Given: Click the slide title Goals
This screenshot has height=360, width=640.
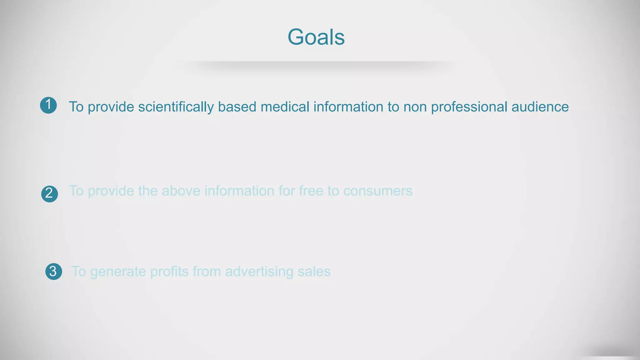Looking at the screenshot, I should coord(316,37).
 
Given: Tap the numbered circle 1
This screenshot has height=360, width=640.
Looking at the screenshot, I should coord(48,105).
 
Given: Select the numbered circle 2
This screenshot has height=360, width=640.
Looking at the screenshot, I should coord(49,194).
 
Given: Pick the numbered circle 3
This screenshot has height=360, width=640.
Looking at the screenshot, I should coord(53,271).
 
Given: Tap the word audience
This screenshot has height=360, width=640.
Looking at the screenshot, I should coord(540,107).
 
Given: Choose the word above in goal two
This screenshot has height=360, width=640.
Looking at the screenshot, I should coord(181,191).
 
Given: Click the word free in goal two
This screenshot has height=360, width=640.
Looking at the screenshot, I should coord(311,191).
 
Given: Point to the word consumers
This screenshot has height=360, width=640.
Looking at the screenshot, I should coord(378,191).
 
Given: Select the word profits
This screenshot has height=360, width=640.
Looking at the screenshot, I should coord(169,272).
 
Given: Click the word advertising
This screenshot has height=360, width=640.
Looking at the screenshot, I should coord(259,272).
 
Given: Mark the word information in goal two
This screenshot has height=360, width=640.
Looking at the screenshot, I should coord(239,191).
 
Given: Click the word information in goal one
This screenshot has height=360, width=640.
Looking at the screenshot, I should coord(348,107).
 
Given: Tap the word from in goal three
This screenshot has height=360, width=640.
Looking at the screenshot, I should coord(207,272).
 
